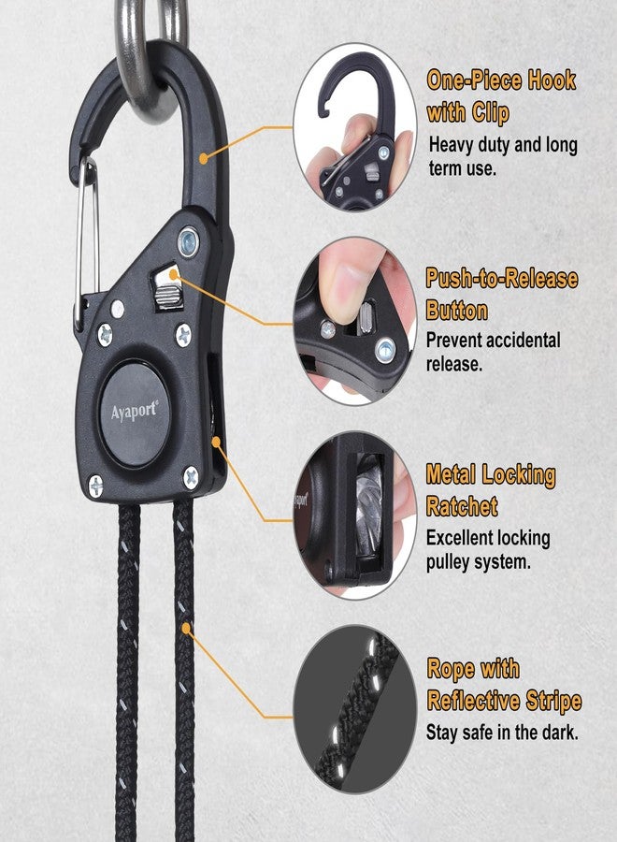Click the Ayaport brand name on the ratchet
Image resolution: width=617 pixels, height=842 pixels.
pyautogui.click(x=135, y=412)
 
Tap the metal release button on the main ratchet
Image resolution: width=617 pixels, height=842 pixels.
pyautogui.click(x=167, y=287)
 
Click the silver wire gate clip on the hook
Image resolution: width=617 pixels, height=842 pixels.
pyautogui.click(x=87, y=241)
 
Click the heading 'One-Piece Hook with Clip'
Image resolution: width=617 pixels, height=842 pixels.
pyautogui.click(x=501, y=96)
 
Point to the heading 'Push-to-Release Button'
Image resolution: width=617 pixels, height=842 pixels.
pyautogui.click(x=502, y=295)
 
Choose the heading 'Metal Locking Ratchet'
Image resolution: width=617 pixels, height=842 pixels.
pyautogui.click(x=491, y=490)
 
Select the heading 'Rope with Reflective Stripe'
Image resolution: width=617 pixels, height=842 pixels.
pyautogui.click(x=504, y=685)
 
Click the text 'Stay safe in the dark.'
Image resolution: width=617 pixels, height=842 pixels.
pyautogui.click(x=502, y=733)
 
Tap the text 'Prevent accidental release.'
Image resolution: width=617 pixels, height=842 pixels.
pyautogui.click(x=493, y=352)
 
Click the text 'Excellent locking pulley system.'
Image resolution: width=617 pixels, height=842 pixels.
pyautogui.click(x=488, y=550)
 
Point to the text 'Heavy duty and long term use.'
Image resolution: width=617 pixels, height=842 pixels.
pyautogui.click(x=503, y=156)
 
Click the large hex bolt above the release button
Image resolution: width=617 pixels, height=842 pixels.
pyautogui.click(x=188, y=242)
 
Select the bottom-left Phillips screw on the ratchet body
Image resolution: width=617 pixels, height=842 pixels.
pyautogui.click(x=95, y=486)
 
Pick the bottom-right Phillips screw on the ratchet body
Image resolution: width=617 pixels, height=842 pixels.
pyautogui.click(x=191, y=477)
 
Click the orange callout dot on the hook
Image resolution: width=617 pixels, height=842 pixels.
pyautogui.click(x=204, y=158)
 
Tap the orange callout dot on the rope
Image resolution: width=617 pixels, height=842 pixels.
pyautogui.click(x=186, y=628)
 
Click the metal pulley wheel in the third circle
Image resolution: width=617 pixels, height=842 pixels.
pyautogui.click(x=369, y=507)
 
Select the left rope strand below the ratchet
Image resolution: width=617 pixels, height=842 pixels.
pyautogui.click(x=128, y=671)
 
